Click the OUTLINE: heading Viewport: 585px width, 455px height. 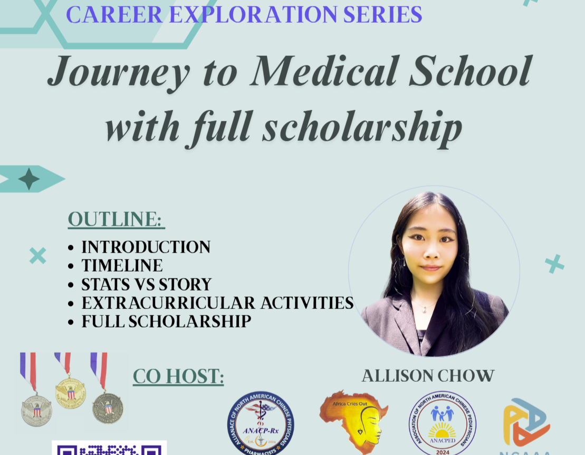[116, 219]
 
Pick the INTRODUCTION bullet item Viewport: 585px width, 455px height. [146, 247]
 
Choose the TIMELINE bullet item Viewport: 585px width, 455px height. [122, 265]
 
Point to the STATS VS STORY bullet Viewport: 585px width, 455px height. [146, 284]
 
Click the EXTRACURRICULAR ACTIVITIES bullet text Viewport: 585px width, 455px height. [217, 303]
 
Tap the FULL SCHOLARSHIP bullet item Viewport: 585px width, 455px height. [166, 321]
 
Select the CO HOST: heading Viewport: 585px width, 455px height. [178, 376]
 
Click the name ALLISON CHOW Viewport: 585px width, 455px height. [428, 376]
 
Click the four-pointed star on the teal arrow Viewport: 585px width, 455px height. [29, 179]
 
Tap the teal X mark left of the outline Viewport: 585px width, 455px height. [37, 256]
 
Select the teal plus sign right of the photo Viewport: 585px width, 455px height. [554, 264]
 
